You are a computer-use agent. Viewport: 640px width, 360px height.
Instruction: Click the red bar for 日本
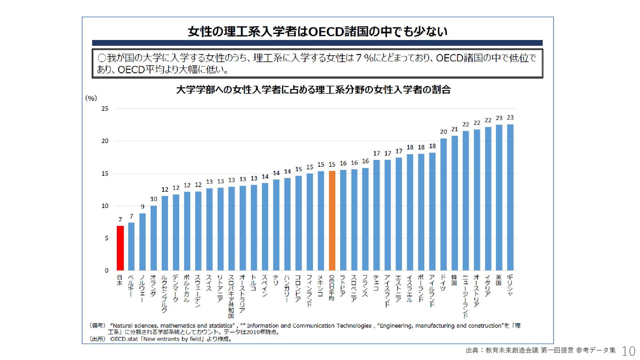pos(120,248)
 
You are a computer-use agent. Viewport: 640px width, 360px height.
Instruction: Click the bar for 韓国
pos(454,203)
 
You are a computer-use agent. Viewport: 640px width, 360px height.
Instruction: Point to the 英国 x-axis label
pos(499,280)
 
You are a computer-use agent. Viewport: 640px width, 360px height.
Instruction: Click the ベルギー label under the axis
pos(131,286)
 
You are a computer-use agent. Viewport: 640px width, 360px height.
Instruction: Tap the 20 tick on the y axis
pos(105,141)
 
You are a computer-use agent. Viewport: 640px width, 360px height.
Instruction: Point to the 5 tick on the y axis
pos(106,238)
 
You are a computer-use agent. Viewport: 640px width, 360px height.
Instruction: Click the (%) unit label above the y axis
pos(91,98)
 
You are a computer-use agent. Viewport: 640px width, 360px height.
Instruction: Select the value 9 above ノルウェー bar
pos(142,207)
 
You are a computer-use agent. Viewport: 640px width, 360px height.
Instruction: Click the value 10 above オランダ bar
pos(153,199)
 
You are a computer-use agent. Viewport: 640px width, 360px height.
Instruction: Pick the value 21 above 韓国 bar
pos(454,129)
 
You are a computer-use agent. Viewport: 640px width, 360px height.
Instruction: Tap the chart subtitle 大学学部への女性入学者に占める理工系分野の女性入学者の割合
pos(313,90)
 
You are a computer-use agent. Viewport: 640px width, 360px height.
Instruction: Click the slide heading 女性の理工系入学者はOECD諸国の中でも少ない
pos(317,32)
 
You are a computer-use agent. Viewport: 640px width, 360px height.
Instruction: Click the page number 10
pos(628,351)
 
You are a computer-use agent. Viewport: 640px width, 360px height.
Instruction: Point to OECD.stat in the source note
pos(124,339)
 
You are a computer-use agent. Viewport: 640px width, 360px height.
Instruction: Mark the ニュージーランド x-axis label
pos(466,296)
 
